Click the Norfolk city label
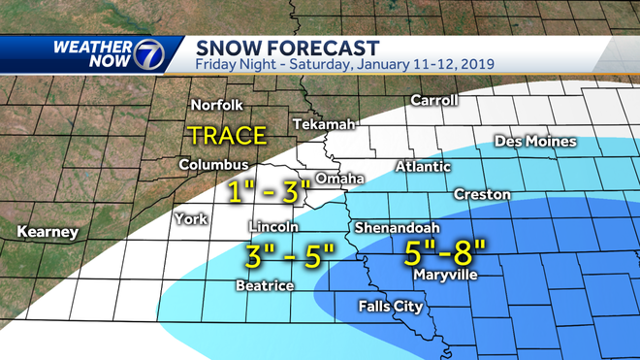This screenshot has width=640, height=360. tap(215, 105)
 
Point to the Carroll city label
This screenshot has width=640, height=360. tap(433, 100)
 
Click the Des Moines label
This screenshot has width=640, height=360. tap(535, 142)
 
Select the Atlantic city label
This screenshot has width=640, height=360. tap(423, 167)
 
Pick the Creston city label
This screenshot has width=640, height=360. tap(482, 194)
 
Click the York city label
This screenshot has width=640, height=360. tap(191, 218)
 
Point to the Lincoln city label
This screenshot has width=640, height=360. tap(273, 227)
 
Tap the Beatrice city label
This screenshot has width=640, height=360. tap(264, 285)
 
